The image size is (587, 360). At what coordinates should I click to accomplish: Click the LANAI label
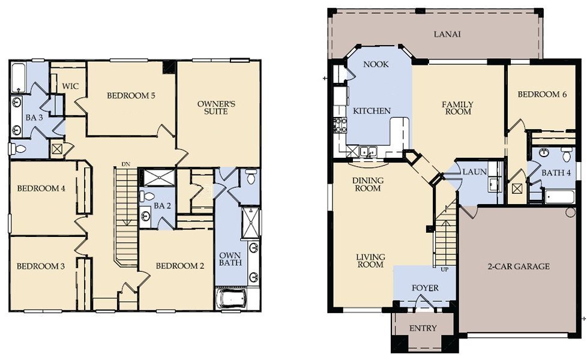click(447, 34)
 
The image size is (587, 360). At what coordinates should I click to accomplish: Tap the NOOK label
click(376, 64)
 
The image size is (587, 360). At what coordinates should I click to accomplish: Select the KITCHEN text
click(372, 111)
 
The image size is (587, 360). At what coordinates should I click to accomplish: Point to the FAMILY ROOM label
click(457, 109)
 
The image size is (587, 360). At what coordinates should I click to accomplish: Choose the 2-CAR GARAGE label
click(518, 266)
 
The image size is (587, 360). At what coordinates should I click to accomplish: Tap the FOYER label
click(424, 288)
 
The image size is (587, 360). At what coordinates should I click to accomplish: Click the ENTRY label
click(423, 328)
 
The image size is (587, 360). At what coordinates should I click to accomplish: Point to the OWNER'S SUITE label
click(216, 107)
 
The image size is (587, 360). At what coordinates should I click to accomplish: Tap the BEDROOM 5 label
click(131, 95)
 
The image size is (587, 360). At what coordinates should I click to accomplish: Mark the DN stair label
click(125, 164)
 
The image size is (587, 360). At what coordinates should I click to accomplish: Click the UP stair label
click(444, 269)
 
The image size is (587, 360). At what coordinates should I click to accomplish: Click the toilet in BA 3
click(17, 149)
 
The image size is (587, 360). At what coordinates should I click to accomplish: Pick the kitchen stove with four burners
click(340, 125)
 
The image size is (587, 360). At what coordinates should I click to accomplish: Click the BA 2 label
click(159, 206)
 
